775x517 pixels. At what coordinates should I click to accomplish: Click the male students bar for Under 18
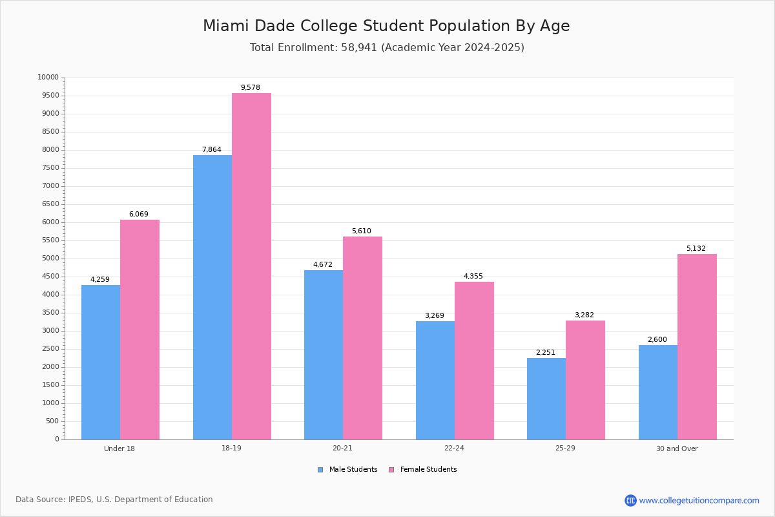tap(101, 362)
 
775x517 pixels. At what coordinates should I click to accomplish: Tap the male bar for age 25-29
tap(546, 399)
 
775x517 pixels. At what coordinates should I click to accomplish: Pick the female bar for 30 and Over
tap(697, 346)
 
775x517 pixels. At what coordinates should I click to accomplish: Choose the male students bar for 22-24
tap(435, 380)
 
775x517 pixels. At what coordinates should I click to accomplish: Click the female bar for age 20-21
tap(362, 338)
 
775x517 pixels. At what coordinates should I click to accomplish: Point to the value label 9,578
tap(251, 88)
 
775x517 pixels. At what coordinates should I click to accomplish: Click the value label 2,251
tap(545, 353)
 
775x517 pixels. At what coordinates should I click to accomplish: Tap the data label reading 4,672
tap(323, 265)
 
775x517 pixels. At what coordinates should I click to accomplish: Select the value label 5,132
tap(696, 249)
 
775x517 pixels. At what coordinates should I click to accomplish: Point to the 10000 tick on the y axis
tap(48, 78)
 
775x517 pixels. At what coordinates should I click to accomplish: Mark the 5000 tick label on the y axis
tap(50, 258)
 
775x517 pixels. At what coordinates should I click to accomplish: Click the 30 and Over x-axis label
tap(677, 448)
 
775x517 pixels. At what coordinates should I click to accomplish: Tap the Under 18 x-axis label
tap(119, 448)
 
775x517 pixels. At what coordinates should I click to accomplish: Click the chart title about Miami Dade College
tap(386, 26)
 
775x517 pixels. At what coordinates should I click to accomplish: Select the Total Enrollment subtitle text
tap(387, 48)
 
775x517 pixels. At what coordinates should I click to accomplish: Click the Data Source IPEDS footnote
tap(114, 500)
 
